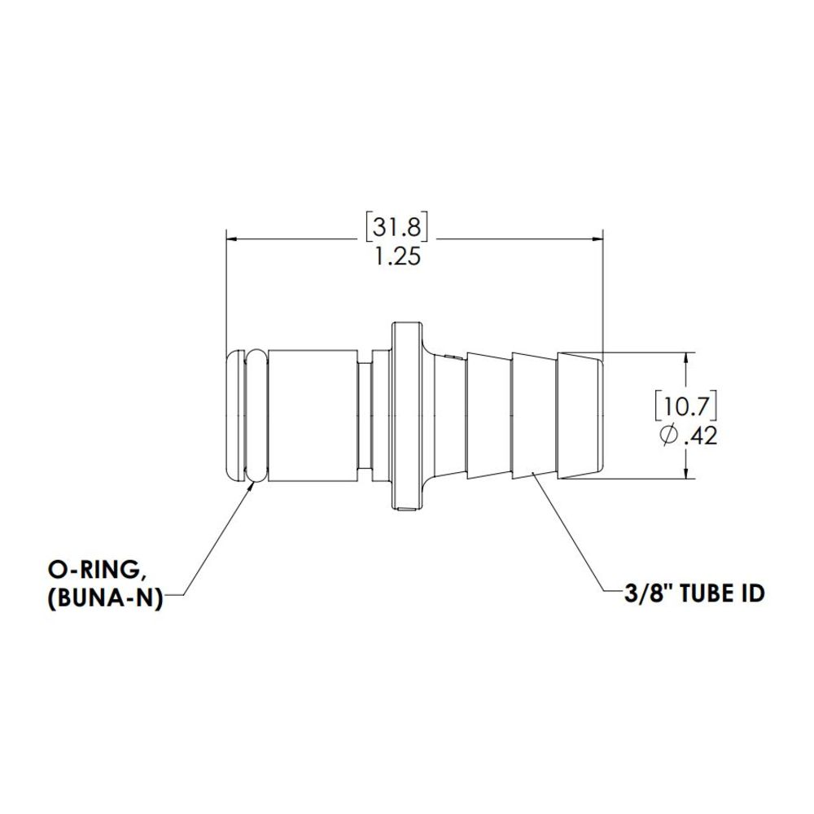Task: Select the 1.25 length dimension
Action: [x=397, y=258]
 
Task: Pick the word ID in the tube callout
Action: [x=751, y=593]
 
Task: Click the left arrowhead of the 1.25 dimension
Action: [x=231, y=239]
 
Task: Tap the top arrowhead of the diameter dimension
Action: [x=688, y=358]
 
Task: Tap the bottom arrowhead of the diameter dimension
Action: [x=688, y=473]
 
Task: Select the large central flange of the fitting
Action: [x=406, y=415]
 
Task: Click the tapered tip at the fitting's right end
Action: [x=581, y=415]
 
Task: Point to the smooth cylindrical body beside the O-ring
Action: [x=312, y=415]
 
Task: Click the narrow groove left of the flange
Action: [x=366, y=415]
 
